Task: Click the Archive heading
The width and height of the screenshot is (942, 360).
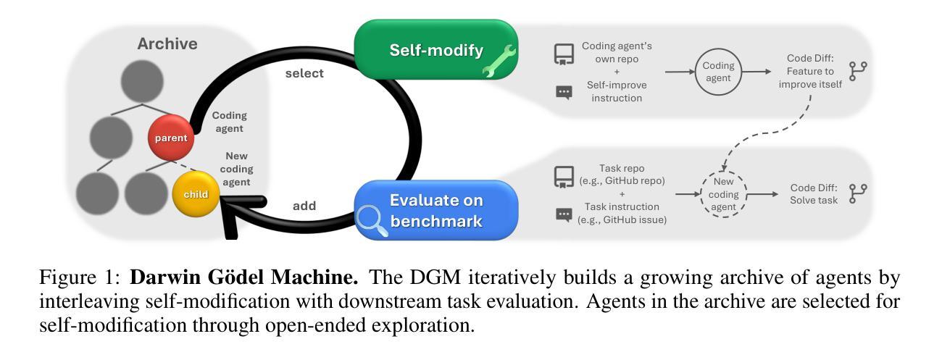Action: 167,44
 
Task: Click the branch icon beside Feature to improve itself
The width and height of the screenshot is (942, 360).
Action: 859,72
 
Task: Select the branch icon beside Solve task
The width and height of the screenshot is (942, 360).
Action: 858,193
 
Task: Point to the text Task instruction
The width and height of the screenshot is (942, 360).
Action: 617,206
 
